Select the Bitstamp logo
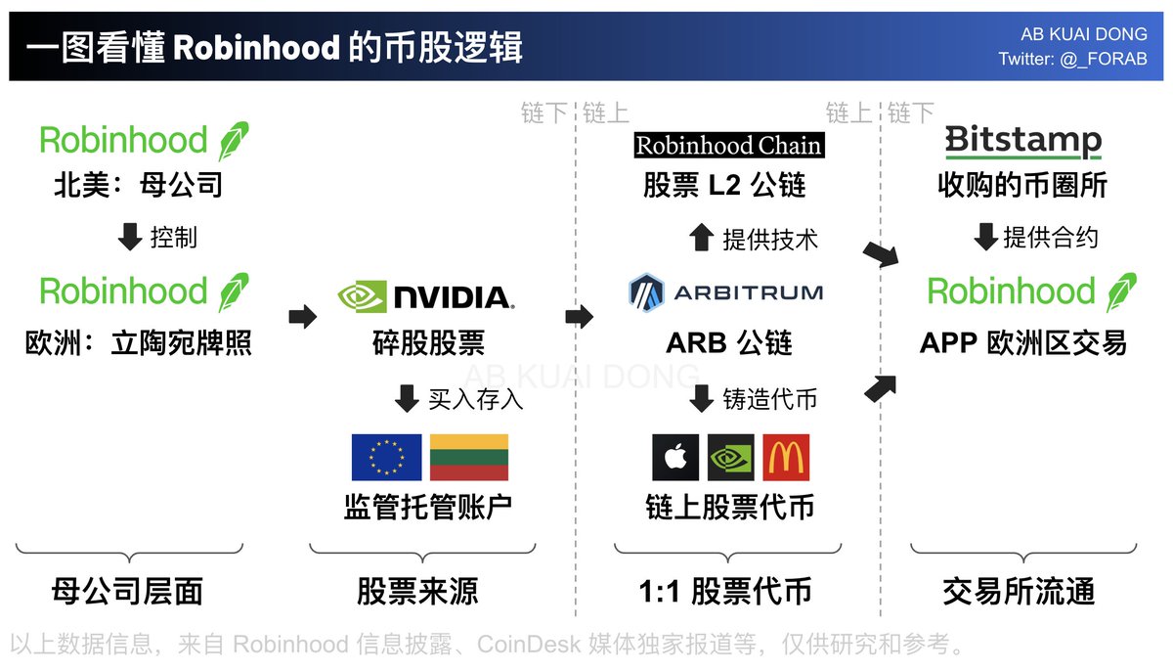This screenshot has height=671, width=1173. tap(1022, 141)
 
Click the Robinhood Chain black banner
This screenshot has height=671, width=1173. tap(728, 146)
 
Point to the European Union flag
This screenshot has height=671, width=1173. tap(386, 458)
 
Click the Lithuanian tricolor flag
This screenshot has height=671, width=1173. tap(469, 458)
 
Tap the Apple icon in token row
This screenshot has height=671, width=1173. tap(675, 458)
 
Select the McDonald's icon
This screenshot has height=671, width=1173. tap(786, 458)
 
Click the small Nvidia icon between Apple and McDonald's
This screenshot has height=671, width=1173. tap(730, 458)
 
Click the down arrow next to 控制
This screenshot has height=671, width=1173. tap(132, 238)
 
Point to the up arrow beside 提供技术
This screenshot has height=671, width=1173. tap(701, 238)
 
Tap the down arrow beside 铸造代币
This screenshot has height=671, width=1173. tap(701, 398)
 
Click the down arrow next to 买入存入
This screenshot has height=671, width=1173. tap(406, 398)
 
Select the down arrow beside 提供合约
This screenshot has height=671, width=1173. tap(986, 237)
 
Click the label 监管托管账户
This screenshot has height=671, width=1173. tap(428, 507)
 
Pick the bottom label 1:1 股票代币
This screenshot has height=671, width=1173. tap(724, 592)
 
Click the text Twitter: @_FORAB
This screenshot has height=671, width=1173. tap(1072, 60)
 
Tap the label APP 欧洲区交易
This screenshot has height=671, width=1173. tap(1023, 343)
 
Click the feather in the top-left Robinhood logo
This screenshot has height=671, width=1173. tap(233, 142)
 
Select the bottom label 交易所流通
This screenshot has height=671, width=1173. tap(1019, 592)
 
